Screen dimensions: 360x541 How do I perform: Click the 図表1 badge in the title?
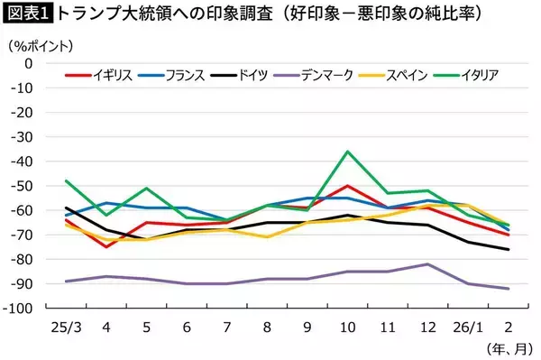click(28, 14)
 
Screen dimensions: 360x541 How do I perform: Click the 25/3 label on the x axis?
click(68, 325)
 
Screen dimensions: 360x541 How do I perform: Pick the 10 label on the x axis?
click(347, 325)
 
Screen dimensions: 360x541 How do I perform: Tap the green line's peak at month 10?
click(347, 152)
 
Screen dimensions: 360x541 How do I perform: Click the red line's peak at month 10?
click(347, 186)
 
